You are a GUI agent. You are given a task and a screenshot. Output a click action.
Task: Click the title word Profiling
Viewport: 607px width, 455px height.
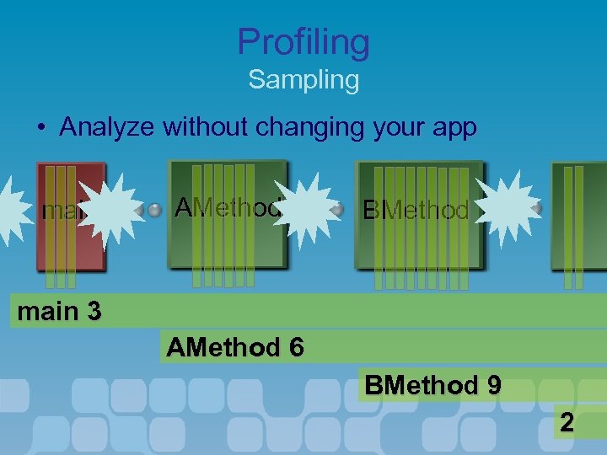[x=303, y=42]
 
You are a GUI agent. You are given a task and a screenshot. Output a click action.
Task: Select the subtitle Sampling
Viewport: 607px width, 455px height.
[x=303, y=81]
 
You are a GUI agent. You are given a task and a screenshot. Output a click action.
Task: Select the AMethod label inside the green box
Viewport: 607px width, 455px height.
[x=228, y=207]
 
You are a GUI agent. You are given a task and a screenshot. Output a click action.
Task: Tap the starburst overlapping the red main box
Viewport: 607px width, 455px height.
[x=110, y=211]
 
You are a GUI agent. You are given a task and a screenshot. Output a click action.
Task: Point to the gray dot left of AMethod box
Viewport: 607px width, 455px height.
[x=155, y=211]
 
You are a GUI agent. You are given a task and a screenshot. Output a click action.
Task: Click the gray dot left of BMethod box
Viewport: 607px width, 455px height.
[x=339, y=209]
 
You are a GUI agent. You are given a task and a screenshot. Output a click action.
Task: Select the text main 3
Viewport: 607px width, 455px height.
[x=59, y=312]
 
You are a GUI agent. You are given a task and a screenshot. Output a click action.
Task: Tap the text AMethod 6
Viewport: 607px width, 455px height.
[x=235, y=347]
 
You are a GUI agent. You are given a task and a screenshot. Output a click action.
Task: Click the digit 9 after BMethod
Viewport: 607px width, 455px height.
[x=493, y=386]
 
